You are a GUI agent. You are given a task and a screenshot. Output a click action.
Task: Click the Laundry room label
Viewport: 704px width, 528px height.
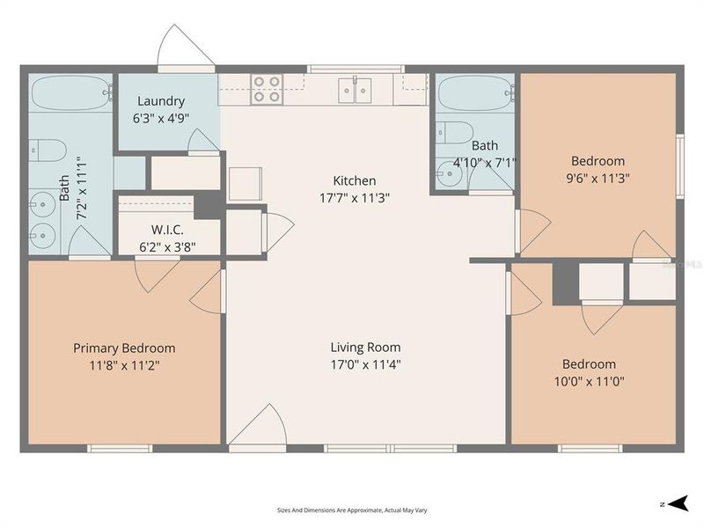(160, 101)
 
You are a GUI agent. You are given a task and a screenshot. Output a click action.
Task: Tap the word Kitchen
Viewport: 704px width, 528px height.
(355, 180)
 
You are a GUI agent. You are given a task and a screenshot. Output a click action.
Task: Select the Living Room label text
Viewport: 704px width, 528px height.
(365, 347)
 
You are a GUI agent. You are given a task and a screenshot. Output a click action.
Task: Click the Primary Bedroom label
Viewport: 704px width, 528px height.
(124, 348)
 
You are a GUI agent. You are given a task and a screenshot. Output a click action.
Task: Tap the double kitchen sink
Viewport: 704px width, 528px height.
(356, 90)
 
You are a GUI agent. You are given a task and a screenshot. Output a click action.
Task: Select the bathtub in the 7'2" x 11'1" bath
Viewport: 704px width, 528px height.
(70, 91)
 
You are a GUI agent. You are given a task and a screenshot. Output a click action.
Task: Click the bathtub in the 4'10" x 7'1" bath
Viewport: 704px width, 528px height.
(475, 92)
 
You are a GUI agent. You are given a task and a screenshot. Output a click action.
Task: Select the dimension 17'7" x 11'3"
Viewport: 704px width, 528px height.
(355, 198)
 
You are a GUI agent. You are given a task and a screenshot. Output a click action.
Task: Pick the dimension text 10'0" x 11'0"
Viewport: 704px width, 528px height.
(589, 382)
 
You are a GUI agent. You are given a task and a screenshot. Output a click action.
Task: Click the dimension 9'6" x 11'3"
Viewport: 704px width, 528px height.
(598, 178)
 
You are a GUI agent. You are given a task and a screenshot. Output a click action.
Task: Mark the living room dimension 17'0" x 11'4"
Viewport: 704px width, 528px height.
(365, 364)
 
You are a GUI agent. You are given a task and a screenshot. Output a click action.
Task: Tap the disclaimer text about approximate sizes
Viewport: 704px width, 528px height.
(352, 510)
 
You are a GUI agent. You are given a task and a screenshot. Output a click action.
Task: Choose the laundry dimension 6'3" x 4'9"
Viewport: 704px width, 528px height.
(162, 118)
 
